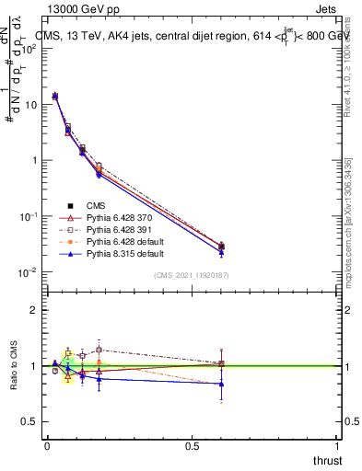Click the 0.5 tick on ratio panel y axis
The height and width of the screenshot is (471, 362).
coord(30,421)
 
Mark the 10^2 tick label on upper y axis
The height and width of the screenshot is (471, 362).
coord(29,48)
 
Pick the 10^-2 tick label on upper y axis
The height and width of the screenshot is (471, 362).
coord(29,272)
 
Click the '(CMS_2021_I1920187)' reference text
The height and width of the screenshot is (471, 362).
coord(192,274)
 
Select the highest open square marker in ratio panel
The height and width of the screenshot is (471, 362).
coord(99,350)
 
